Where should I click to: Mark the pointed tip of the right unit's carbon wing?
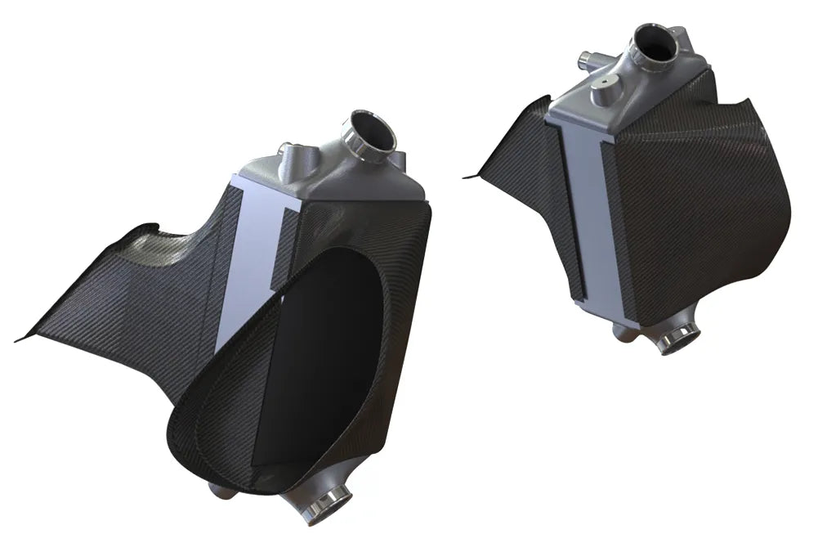[468, 176]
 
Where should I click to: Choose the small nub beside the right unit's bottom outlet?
[621, 329]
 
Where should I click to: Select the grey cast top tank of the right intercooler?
[629, 94]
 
